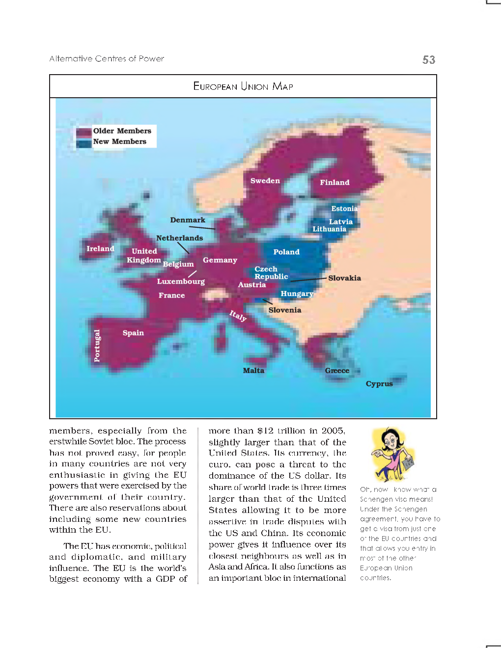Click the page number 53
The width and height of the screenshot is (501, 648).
tap(428, 60)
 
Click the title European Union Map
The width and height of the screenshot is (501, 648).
tap(243, 86)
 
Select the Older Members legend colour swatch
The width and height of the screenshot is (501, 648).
tap(84, 132)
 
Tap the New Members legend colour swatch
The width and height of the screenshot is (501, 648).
tap(84, 142)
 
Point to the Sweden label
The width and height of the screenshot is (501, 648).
tap(265, 181)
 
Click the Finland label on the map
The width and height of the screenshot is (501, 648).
tap(334, 183)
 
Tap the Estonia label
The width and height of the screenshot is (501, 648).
tap(344, 209)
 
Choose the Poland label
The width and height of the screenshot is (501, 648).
tap(286, 252)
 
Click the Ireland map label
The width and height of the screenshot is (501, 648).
tap(100, 249)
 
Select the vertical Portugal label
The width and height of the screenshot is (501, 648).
tap(97, 346)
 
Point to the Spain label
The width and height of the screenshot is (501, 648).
tap(133, 333)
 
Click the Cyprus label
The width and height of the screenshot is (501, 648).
tap(379, 384)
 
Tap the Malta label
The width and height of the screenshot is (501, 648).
tap(253, 371)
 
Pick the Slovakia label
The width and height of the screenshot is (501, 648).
tap(344, 278)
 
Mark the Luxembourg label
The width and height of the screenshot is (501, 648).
tap(181, 281)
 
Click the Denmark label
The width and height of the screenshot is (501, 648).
tap(188, 220)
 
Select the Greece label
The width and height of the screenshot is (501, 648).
tap(337, 371)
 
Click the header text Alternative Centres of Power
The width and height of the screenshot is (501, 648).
tap(107, 59)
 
